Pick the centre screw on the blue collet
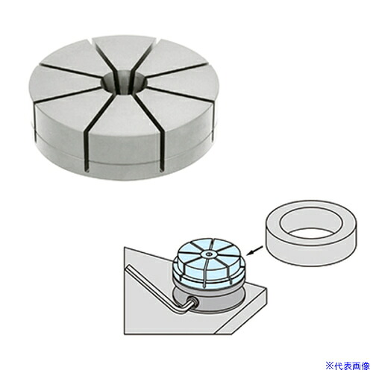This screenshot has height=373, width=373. click(x=208, y=254)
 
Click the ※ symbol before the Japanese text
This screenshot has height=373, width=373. click(x=330, y=366)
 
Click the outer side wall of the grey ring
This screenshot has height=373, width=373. click(x=311, y=251)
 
